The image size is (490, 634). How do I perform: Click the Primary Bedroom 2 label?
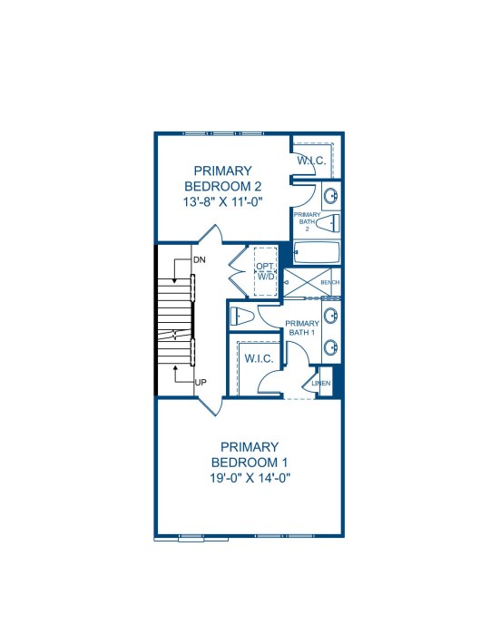tap(222, 179)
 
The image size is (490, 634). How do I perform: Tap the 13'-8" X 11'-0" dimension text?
tap(223, 201)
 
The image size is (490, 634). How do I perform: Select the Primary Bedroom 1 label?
tap(250, 454)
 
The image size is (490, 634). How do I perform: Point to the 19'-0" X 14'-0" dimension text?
tap(250, 478)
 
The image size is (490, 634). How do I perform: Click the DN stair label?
tap(200, 260)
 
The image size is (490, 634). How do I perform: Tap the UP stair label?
tap(201, 382)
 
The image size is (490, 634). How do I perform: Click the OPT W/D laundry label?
tap(266, 271)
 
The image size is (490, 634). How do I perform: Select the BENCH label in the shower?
tap(330, 282)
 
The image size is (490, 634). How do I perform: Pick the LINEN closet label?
tap(321, 383)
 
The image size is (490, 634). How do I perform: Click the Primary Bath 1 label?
tap(302, 328)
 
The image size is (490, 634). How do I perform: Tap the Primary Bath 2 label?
tap(307, 221)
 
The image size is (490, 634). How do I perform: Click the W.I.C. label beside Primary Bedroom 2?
tap(311, 161)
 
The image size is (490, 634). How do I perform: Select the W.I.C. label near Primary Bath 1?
tap(259, 358)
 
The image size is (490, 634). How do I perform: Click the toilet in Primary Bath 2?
tap(328, 223)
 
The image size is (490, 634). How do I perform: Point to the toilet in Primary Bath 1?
tap(242, 317)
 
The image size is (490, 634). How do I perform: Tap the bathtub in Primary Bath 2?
tap(317, 253)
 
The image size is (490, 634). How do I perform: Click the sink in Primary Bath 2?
tap(331, 196)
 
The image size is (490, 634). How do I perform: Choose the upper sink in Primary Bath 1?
tap(331, 315)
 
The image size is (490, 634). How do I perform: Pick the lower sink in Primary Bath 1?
tap(331, 347)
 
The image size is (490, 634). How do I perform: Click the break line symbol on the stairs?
tap(174, 335)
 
